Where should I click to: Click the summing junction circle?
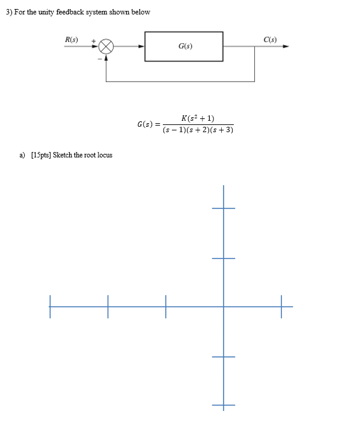pos(106,46)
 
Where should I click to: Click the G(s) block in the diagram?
pos(185,46)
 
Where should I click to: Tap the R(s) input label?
pos(72,40)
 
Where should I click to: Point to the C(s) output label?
pos(270,40)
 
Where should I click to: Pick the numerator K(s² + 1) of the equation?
pos(198,118)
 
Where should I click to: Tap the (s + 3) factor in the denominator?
pos(222,130)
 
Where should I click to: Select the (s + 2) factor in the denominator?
pos(198,130)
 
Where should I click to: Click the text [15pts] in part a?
pos(40,155)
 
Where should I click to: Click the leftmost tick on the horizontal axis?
pos(50,306)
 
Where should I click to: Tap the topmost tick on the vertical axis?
pos(223,208)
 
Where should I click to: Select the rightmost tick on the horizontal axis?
pos(281,306)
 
